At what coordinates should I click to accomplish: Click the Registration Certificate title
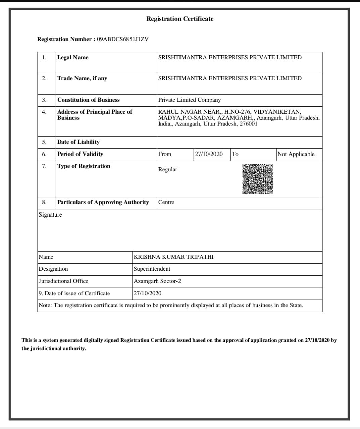click(x=180, y=19)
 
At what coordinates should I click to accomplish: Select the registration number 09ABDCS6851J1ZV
click(x=122, y=39)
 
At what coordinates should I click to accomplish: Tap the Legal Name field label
click(x=73, y=57)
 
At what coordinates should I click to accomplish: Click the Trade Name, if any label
click(x=82, y=78)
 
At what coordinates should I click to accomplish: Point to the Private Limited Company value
click(x=190, y=100)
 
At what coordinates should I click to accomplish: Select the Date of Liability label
click(x=79, y=142)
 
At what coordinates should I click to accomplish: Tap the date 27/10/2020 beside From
click(x=209, y=154)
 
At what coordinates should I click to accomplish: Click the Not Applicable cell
click(x=296, y=154)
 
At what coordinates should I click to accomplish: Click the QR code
click(x=258, y=179)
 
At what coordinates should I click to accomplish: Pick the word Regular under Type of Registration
click(x=168, y=170)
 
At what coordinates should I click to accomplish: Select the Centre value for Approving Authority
click(x=166, y=202)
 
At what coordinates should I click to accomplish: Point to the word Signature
click(x=50, y=215)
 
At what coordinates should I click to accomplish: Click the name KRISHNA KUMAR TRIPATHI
click(x=173, y=257)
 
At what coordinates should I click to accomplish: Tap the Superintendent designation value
click(x=152, y=269)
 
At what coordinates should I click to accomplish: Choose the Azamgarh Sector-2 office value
click(x=157, y=281)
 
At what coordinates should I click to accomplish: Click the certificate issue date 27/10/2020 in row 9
click(x=147, y=293)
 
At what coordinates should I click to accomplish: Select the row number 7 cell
click(x=44, y=166)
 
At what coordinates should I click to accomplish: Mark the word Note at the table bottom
click(x=45, y=305)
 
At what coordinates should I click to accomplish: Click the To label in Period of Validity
click(x=235, y=154)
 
